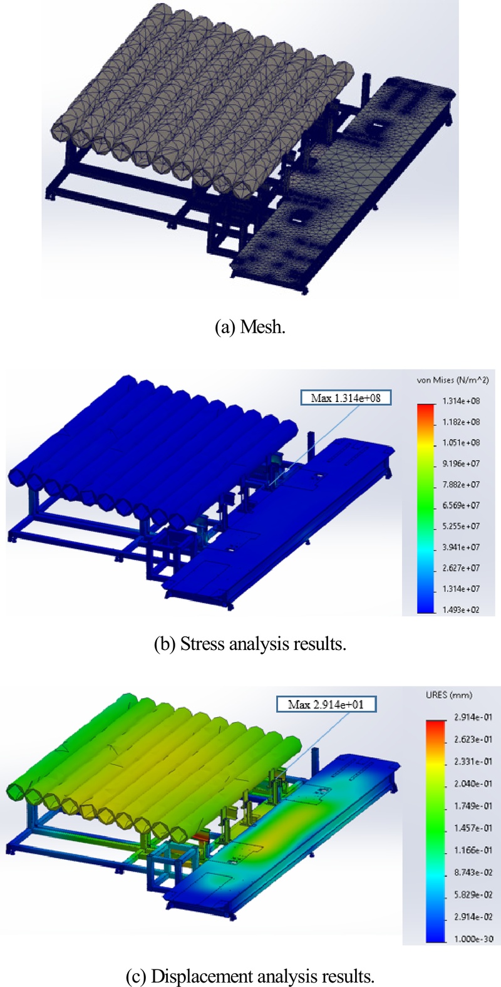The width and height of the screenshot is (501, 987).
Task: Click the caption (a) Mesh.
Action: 250,327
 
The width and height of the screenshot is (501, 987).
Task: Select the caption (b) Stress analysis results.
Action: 250,644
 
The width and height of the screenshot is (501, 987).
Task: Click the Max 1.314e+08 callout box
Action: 346,398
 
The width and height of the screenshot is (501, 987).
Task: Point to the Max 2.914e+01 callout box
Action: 326,704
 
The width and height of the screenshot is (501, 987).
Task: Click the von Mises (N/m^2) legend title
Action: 453,380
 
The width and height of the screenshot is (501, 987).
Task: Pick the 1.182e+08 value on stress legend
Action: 462,421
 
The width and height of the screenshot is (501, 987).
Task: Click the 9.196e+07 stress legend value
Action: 462,463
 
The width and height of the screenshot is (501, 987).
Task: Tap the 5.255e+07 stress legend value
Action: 462,526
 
